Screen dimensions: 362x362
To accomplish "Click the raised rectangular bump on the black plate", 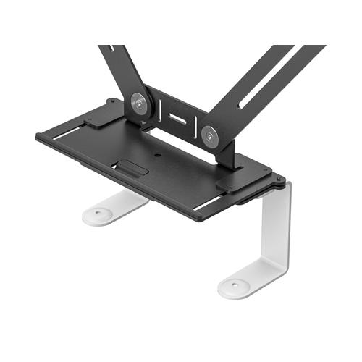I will point(132,170).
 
